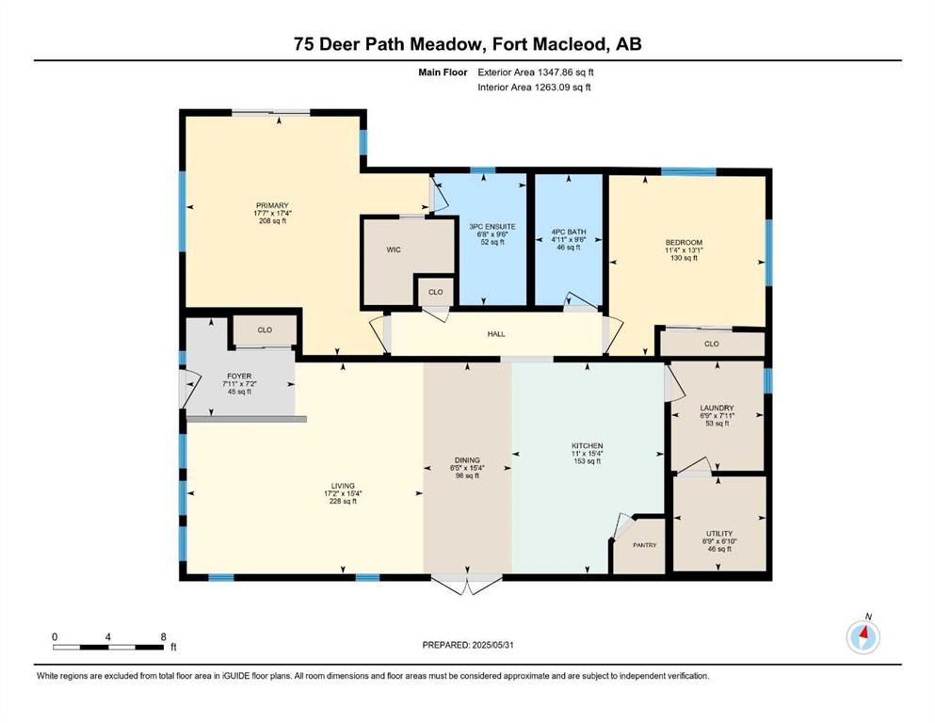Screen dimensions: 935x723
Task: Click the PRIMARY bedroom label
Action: click(x=272, y=205)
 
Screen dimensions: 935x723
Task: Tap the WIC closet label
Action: click(x=394, y=249)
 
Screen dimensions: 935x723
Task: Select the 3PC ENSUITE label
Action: click(x=492, y=227)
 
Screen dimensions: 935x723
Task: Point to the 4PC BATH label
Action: click(x=569, y=232)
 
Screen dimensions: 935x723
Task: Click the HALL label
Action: click(x=496, y=334)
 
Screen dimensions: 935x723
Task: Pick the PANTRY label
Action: click(x=645, y=545)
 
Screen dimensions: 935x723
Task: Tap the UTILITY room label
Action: click(x=719, y=534)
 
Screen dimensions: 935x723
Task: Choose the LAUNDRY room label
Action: click(x=717, y=409)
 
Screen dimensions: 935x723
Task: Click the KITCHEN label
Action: click(x=588, y=446)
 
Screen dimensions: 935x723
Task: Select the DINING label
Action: click(x=467, y=460)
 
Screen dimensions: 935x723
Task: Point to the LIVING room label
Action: click(x=343, y=486)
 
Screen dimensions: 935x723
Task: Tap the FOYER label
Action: click(x=239, y=377)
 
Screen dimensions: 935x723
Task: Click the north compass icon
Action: click(x=862, y=636)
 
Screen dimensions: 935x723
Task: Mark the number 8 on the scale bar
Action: click(x=164, y=636)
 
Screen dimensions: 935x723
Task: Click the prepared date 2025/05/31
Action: click(x=492, y=645)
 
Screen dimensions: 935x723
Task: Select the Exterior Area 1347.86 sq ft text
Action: click(x=536, y=72)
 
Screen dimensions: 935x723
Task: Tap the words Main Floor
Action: click(x=443, y=72)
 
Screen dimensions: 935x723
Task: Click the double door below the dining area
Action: click(x=467, y=584)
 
